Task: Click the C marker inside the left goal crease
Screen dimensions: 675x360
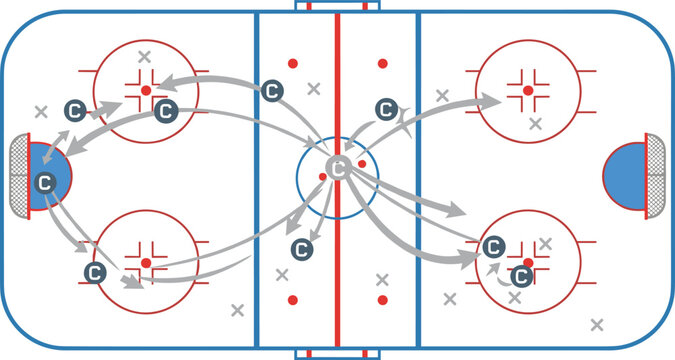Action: pyautogui.click(x=44, y=182)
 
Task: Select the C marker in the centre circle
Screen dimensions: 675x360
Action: pyautogui.click(x=339, y=167)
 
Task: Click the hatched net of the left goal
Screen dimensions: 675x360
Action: pyautogui.click(x=19, y=177)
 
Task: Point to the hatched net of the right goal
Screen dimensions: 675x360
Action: pyautogui.click(x=656, y=177)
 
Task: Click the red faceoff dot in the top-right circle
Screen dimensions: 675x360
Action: pyautogui.click(x=527, y=90)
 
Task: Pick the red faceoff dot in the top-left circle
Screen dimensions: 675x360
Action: pyautogui.click(x=146, y=90)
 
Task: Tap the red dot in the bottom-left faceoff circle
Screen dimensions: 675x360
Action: pyautogui.click(x=146, y=262)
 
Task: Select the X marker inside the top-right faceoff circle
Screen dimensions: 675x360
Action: pyautogui.click(x=536, y=124)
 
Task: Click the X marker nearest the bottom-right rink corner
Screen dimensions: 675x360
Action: pyautogui.click(x=597, y=324)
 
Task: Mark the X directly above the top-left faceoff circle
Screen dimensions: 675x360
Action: pyautogui.click(x=146, y=56)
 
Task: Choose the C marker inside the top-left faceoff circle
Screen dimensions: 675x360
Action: pyautogui.click(x=166, y=111)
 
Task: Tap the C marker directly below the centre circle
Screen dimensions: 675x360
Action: pyautogui.click(x=299, y=249)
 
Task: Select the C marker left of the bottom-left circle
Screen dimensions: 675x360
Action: pyautogui.click(x=95, y=271)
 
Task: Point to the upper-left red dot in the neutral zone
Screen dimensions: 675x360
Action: pyautogui.click(x=293, y=63)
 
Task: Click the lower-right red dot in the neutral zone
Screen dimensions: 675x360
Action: pyautogui.click(x=381, y=299)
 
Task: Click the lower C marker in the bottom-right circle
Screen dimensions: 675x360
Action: pyautogui.click(x=521, y=275)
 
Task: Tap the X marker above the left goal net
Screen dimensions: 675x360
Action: pyautogui.click(x=41, y=111)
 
